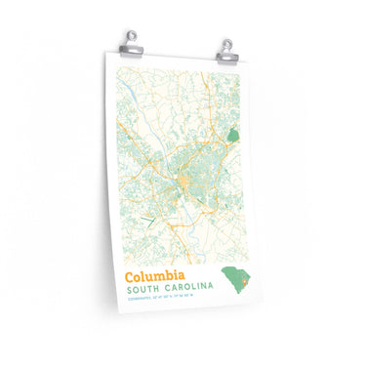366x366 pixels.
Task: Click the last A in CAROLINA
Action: (208, 290)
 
